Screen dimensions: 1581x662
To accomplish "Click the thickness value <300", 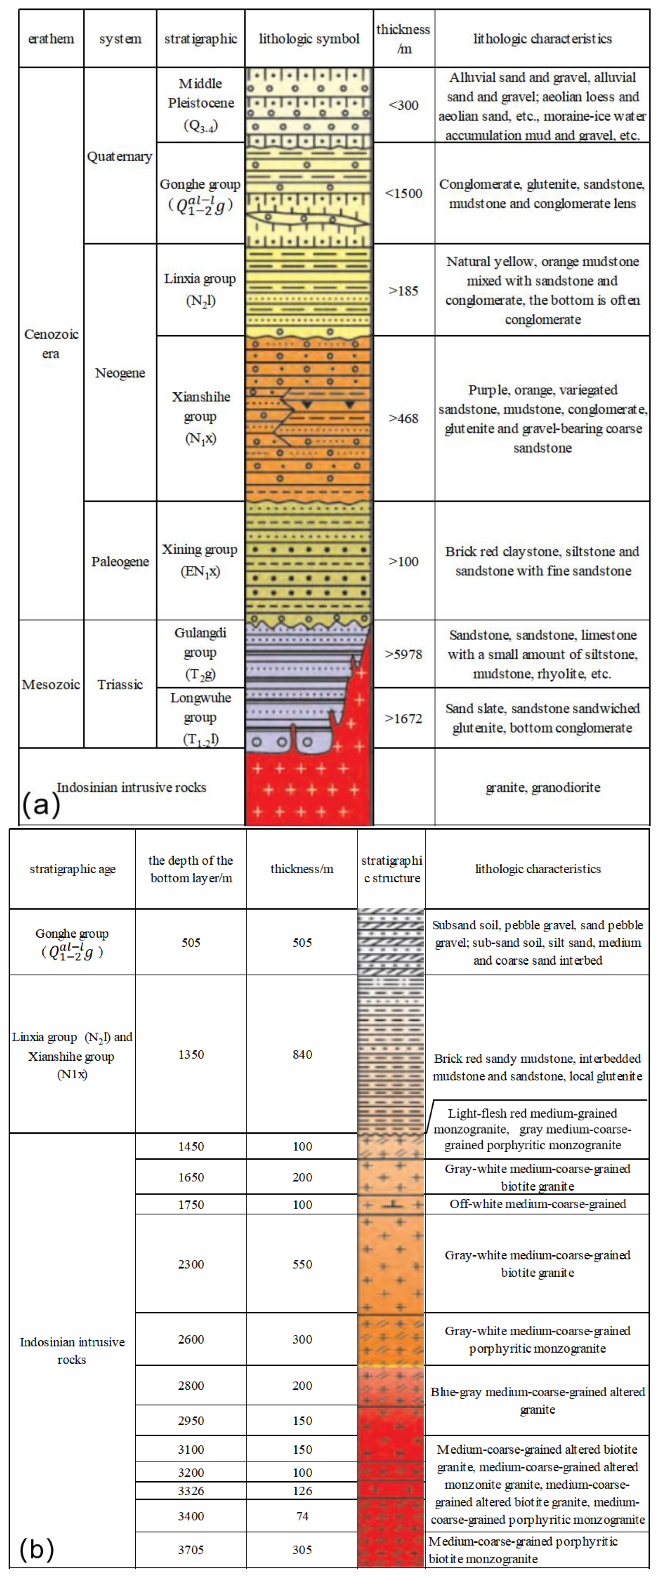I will (x=404, y=105).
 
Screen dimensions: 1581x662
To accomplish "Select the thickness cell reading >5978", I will (x=404, y=654).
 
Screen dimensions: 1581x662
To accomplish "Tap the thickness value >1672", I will (x=404, y=718).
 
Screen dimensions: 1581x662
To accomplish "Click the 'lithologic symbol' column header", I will (x=309, y=39).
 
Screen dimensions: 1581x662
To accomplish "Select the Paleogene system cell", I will (x=120, y=562).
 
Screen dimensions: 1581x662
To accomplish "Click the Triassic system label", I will (x=120, y=684).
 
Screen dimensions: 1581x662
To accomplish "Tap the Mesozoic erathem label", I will (x=51, y=684).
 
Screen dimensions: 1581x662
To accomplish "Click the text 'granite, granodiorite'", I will (x=543, y=787).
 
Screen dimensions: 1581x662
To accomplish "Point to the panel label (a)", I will (x=41, y=804).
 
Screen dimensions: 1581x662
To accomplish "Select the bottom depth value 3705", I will (x=191, y=1550).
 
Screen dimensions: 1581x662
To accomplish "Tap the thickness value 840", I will (x=302, y=1054).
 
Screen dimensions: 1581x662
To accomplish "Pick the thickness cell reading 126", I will (x=302, y=1491).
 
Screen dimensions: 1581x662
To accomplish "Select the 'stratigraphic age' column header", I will (x=72, y=869).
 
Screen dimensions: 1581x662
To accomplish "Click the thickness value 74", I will (x=302, y=1516).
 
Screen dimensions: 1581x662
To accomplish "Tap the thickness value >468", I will (x=404, y=419).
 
